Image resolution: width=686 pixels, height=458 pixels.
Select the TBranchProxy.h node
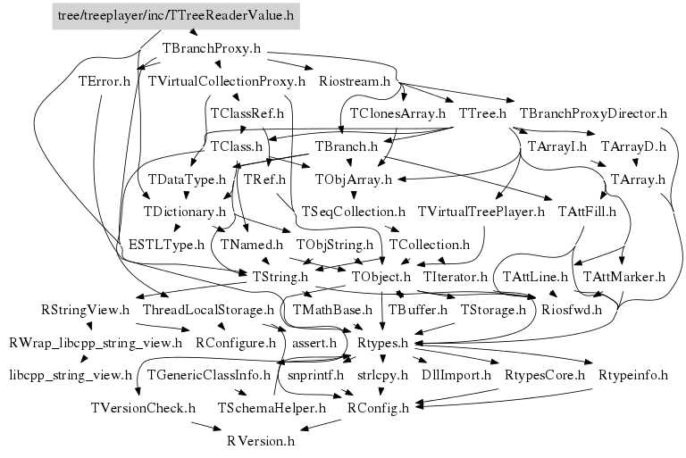pos(212,47)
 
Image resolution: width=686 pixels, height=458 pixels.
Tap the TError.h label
pos(105,81)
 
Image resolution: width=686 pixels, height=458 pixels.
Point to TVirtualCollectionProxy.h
pos(227,81)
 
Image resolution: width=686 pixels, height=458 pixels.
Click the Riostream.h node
pos(355,81)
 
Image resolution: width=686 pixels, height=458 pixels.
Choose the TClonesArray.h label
pos(397,113)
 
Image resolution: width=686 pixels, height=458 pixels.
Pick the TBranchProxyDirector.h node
pos(593,113)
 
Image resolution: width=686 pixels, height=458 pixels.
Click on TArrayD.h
pos(633,146)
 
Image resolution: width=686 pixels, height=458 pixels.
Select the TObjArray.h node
pos(354,179)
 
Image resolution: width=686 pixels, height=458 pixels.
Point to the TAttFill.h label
pos(587,212)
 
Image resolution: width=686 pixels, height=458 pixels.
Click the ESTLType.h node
pos(166,244)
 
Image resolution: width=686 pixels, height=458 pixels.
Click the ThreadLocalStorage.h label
pos(207,310)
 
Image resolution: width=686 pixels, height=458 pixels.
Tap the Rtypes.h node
pos(382,342)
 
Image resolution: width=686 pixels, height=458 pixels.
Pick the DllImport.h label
pos(456,375)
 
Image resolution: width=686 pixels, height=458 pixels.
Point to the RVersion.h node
pos(260,440)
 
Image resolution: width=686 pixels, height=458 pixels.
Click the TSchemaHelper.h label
pos(272,408)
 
